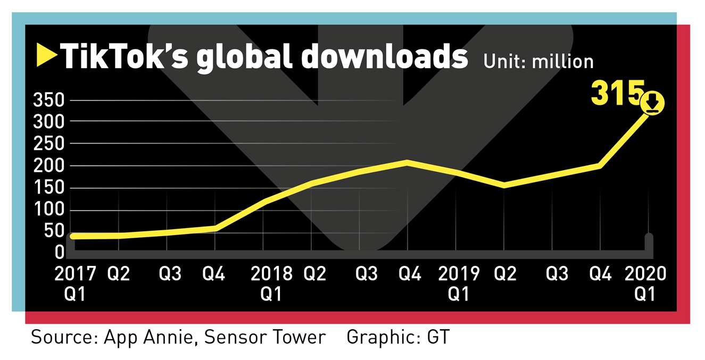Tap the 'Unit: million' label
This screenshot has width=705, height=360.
pyautogui.click(x=538, y=61)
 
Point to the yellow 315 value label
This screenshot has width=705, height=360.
pyautogui.click(x=617, y=94)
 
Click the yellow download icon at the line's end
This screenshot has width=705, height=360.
pyautogui.click(x=653, y=103)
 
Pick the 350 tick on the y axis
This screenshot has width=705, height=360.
pyautogui.click(x=49, y=100)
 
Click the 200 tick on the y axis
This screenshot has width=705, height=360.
pyautogui.click(x=49, y=166)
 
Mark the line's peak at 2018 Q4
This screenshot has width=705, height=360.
pyautogui.click(x=408, y=162)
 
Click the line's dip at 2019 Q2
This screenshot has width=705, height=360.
pyautogui.click(x=504, y=185)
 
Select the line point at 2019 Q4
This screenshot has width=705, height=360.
pyautogui.click(x=600, y=166)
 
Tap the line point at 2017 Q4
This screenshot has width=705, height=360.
pyautogui.click(x=215, y=228)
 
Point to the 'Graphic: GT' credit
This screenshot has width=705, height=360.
pyautogui.click(x=397, y=337)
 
